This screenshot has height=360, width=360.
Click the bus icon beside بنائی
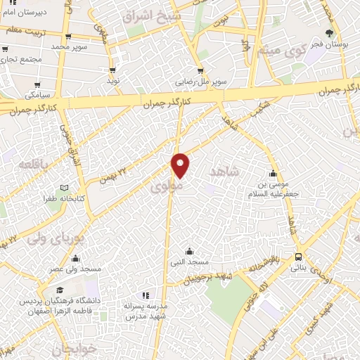click(300, 257)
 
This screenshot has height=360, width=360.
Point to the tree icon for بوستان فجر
click(330, 34)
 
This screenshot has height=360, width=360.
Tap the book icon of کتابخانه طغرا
click(65, 188)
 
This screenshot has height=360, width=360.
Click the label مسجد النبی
click(189, 262)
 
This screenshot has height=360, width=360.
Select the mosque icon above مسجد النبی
click(189, 251)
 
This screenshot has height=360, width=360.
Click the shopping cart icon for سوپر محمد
click(67, 37)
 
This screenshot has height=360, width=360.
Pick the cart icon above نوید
click(112, 70)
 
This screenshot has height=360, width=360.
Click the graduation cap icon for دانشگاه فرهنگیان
click(60, 290)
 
